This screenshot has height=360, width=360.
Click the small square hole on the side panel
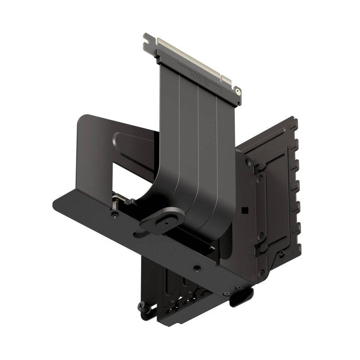click(x=243, y=210)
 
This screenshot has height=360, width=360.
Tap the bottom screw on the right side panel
click(x=260, y=236)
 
